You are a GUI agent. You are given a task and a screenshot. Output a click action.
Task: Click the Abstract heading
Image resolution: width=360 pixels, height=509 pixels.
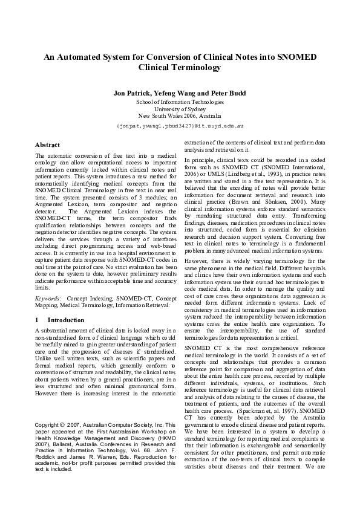(47, 146)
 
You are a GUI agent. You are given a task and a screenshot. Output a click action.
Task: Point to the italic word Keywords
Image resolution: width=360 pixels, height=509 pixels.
(48, 298)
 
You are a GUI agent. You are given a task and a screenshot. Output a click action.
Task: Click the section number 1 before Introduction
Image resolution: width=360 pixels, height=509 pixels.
(38, 319)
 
